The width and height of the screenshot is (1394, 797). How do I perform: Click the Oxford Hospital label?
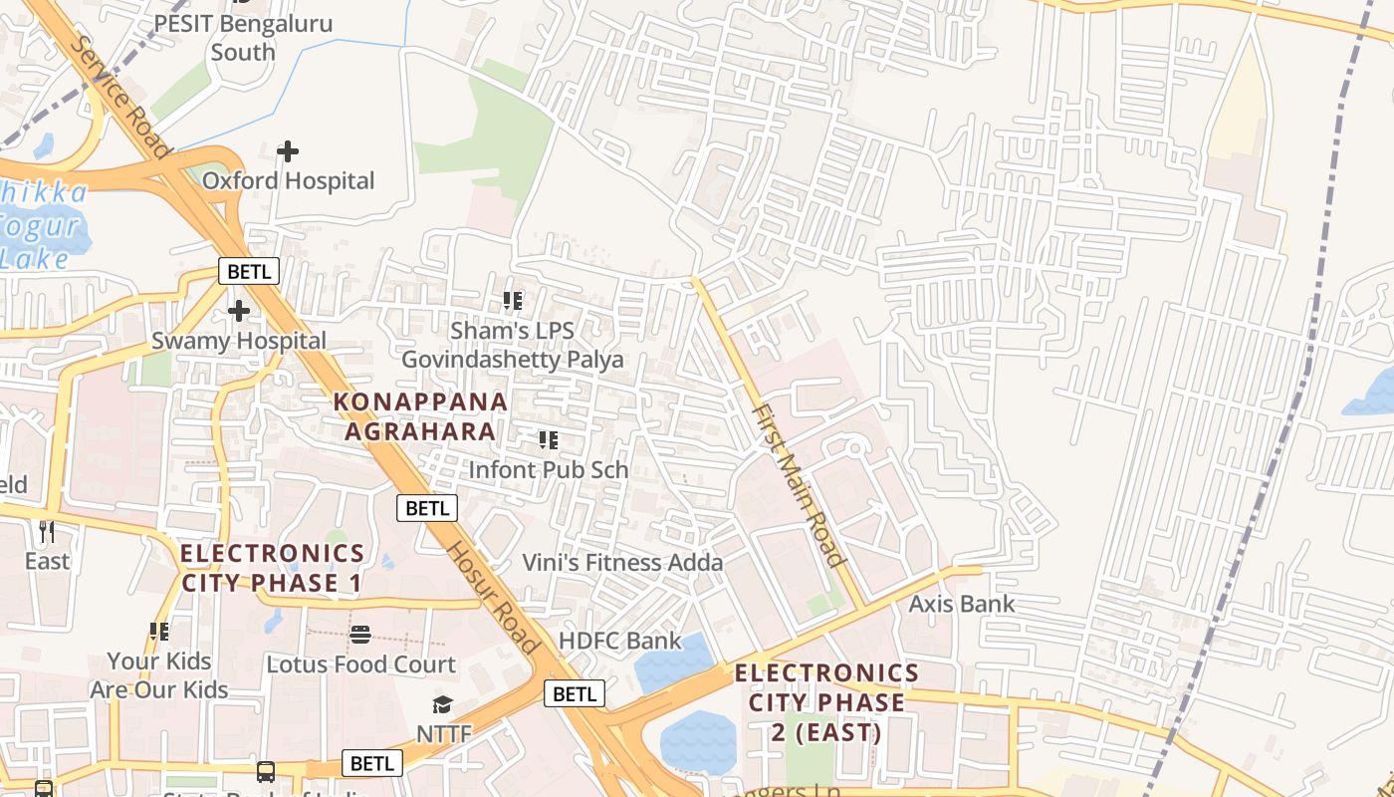point(289,180)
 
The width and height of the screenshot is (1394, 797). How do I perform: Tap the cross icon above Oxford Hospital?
point(288,151)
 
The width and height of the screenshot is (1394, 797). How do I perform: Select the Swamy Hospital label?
point(239,341)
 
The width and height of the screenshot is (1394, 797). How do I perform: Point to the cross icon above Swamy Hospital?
point(239,311)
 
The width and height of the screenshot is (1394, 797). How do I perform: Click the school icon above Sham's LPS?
point(513,300)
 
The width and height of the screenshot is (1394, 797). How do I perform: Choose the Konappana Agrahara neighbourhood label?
point(420,416)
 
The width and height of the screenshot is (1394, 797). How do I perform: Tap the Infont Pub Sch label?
point(548,469)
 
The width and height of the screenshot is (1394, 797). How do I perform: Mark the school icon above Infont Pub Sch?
point(548,439)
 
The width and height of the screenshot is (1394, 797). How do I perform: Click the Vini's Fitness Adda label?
point(623,563)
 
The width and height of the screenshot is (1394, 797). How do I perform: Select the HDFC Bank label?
point(620,641)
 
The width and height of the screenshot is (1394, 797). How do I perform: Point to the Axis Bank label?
point(962,604)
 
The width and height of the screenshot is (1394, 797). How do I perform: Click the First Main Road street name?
point(798,484)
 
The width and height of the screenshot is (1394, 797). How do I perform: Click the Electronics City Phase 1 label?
point(272,568)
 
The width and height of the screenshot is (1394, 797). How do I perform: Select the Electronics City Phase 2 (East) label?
point(826,702)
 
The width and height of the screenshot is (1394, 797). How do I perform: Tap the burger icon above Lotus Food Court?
point(360,635)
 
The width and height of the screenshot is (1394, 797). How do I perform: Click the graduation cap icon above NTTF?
point(443,705)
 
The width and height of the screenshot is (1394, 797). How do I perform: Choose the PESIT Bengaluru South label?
point(243,37)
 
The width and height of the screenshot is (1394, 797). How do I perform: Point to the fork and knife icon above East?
point(47,531)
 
